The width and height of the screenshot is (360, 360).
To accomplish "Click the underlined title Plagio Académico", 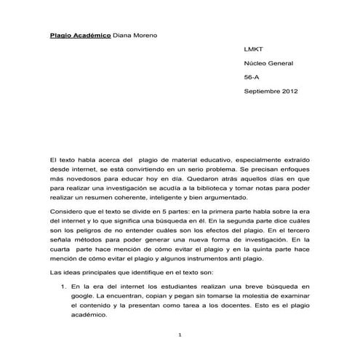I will point(80,35).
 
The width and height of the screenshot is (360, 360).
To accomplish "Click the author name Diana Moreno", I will point(135,35).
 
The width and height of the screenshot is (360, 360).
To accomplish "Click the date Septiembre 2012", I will point(271,91).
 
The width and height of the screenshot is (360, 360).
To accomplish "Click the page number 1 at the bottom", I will point(180,334).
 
